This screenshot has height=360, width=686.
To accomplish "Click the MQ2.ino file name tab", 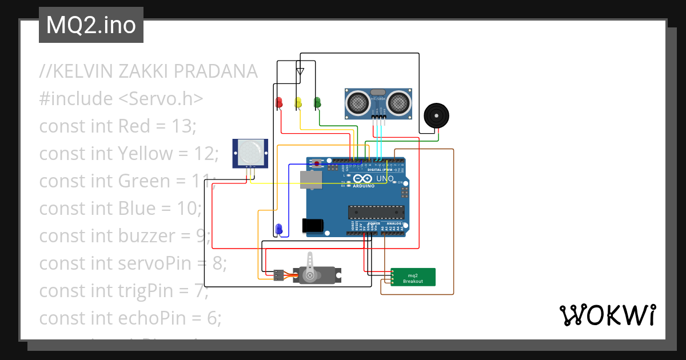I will pyautogui.click(x=91, y=25).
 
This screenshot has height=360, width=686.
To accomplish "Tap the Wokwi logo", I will pyautogui.click(x=607, y=315).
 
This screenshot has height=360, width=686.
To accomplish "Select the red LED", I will pyautogui.click(x=279, y=102).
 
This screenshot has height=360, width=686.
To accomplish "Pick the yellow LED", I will pyautogui.click(x=298, y=102).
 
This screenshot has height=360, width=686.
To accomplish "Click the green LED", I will pyautogui.click(x=317, y=102).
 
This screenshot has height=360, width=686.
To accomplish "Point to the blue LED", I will pyautogui.click(x=278, y=229).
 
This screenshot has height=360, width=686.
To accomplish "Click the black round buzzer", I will pyautogui.click(x=437, y=117).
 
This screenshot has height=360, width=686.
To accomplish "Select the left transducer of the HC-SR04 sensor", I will pyautogui.click(x=358, y=103).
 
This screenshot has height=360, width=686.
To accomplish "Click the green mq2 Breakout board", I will pyautogui.click(x=413, y=277).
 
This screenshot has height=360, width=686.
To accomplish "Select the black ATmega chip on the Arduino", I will pyautogui.click(x=378, y=213).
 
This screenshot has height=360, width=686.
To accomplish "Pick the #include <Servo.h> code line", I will pyautogui.click(x=121, y=99).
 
